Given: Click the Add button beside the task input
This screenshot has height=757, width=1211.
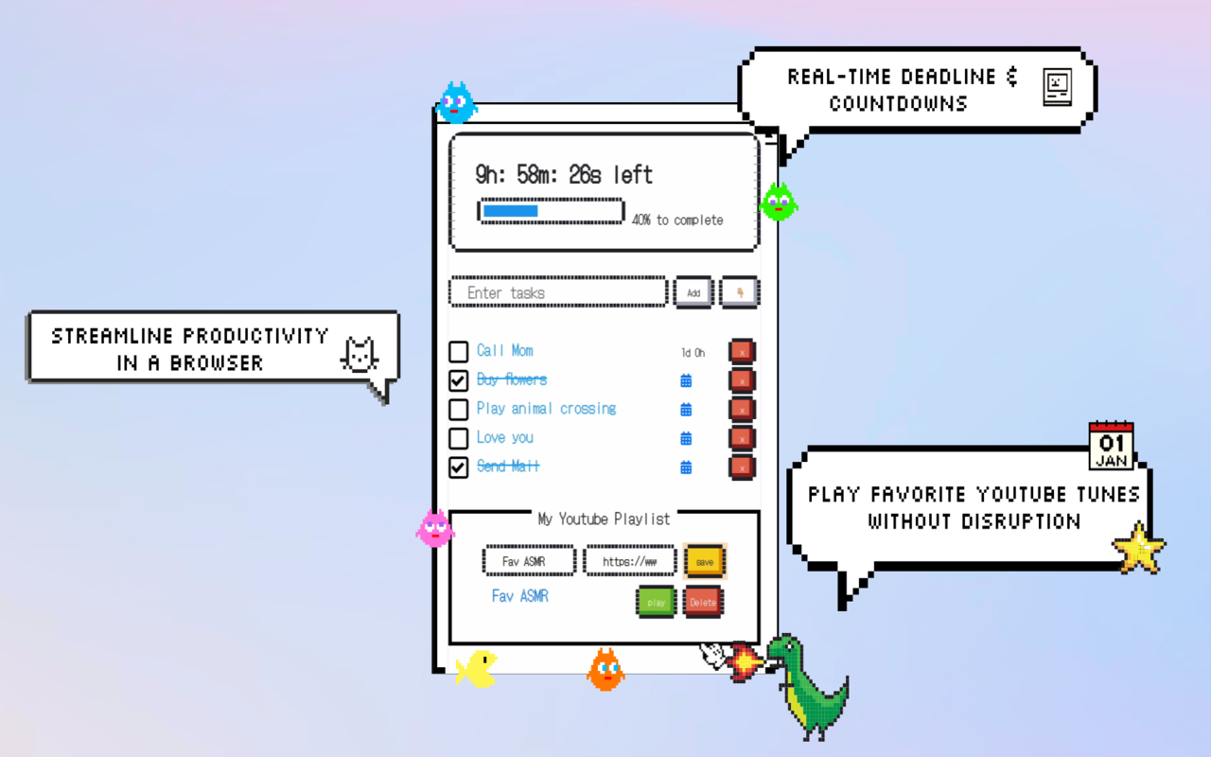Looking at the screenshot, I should pyautogui.click(x=693, y=292).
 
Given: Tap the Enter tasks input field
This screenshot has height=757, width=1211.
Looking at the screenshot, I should pyautogui.click(x=558, y=292).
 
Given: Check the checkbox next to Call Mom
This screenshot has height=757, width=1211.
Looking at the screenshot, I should pyautogui.click(x=459, y=352).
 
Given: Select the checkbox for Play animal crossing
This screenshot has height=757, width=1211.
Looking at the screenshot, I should pyautogui.click(x=459, y=410).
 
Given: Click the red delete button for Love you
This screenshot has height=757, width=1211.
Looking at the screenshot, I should pyautogui.click(x=742, y=438).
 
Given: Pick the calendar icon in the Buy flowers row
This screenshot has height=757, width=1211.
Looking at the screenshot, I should pyautogui.click(x=686, y=380).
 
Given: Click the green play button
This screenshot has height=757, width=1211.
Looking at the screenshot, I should pyautogui.click(x=656, y=602).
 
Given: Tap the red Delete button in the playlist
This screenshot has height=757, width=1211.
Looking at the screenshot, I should pyautogui.click(x=703, y=602).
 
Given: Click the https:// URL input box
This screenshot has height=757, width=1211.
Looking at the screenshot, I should pyautogui.click(x=630, y=561).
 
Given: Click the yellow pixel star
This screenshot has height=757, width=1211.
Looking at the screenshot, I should pyautogui.click(x=1139, y=548).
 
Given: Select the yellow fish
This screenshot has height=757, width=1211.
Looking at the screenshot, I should pyautogui.click(x=476, y=668).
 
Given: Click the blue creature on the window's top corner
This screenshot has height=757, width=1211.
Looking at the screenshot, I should pyautogui.click(x=456, y=103).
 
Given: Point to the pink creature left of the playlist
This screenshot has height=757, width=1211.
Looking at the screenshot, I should pyautogui.click(x=435, y=528).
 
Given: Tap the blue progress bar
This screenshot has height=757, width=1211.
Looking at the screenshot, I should pyautogui.click(x=551, y=211).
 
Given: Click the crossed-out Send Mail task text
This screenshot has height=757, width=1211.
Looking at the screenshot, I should pyautogui.click(x=508, y=467).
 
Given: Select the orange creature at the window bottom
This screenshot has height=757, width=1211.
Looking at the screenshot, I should pyautogui.click(x=605, y=670).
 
